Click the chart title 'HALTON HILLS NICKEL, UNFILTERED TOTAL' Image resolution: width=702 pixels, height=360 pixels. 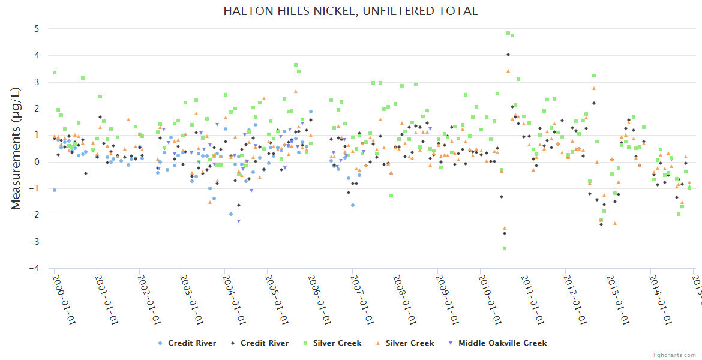coord(350,11)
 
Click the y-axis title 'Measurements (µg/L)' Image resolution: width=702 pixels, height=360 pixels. coord(16,149)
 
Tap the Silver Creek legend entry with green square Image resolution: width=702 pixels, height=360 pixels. coord(337,343)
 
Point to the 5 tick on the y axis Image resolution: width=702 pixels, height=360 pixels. coord(37,29)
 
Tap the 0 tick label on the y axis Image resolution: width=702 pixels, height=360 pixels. coord(37,162)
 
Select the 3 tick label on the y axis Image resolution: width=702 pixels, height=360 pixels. coord(37,82)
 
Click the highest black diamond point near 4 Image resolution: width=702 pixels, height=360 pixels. coord(508,55)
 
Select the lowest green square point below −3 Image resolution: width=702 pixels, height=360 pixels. coord(505,248)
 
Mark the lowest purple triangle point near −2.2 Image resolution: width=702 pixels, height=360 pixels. coord(239,221)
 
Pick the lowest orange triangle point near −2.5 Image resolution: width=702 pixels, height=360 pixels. coord(505,228)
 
